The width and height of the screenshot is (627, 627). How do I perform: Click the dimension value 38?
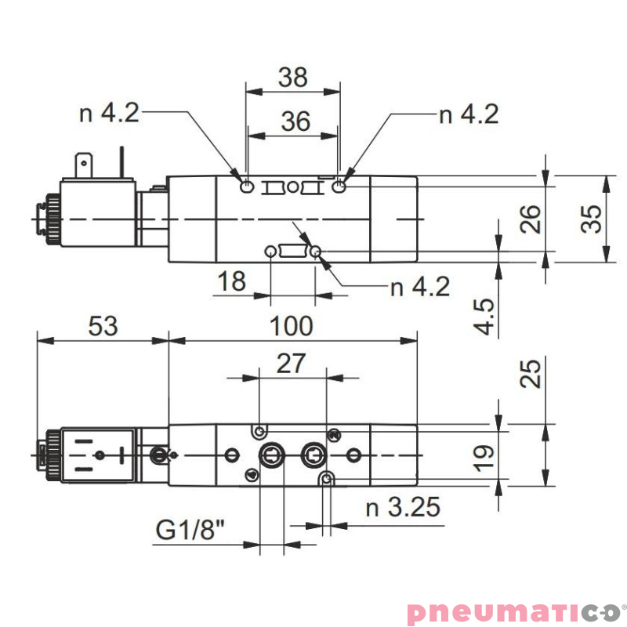pyautogui.click(x=292, y=78)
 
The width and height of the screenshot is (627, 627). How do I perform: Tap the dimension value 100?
pyautogui.click(x=292, y=325)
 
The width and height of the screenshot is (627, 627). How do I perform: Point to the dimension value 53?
pyautogui.click(x=103, y=325)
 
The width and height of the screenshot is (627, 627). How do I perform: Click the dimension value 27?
pyautogui.click(x=292, y=364)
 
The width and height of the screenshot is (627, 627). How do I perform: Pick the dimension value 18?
pyautogui.click(x=231, y=281)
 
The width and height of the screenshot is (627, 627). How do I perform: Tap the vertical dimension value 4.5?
pyautogui.click(x=486, y=317)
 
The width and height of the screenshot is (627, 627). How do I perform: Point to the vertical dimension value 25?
pyautogui.click(x=531, y=375)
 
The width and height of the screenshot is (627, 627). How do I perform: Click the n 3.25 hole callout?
pyautogui.click(x=403, y=508)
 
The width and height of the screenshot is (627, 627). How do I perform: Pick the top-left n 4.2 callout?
pyautogui.click(x=110, y=114)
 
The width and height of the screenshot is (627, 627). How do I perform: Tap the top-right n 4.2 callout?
pyautogui.click(x=469, y=114)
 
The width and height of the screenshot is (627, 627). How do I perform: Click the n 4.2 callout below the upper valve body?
pyautogui.click(x=420, y=287)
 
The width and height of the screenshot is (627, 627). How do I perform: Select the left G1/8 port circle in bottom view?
pyautogui.click(x=271, y=454)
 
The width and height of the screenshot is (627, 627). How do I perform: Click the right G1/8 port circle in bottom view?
pyautogui.click(x=313, y=454)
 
